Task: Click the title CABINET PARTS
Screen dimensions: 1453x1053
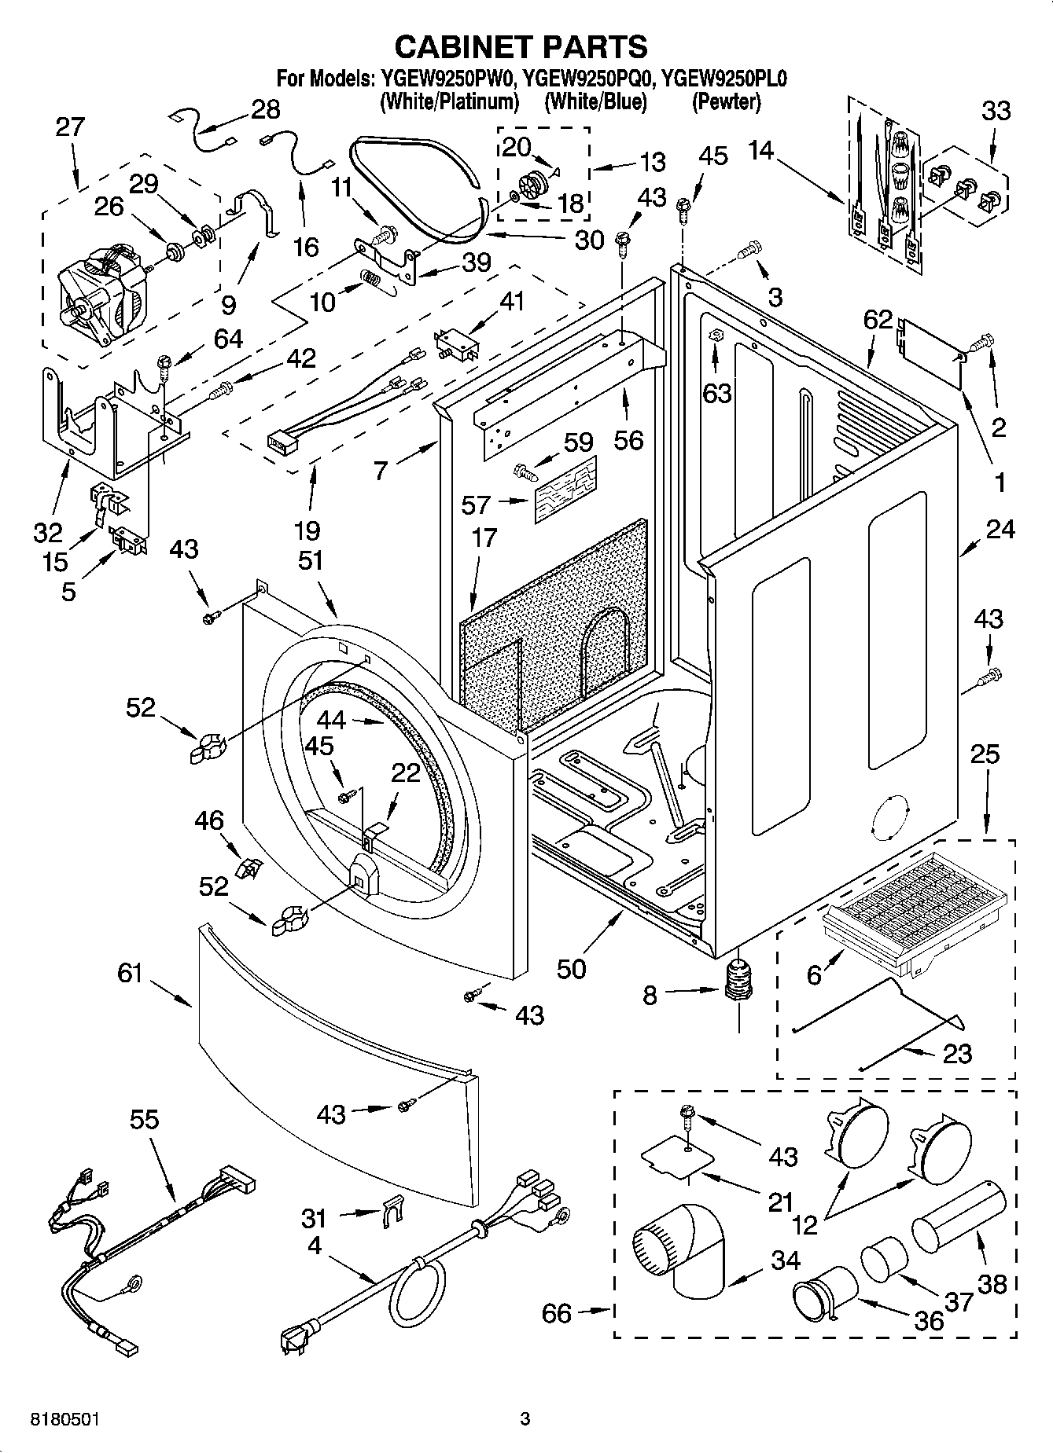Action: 521,46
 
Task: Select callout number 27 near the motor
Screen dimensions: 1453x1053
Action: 69,127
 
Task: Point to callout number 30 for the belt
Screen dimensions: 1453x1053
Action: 589,240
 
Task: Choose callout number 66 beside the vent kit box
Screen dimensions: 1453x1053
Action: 556,1313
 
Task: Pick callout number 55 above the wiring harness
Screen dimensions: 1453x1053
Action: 145,1119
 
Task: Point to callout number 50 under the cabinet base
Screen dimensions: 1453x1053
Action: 571,968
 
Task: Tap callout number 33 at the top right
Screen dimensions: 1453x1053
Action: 996,111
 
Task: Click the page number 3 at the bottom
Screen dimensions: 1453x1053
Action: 525,1419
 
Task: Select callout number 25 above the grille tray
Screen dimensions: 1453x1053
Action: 984,754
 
